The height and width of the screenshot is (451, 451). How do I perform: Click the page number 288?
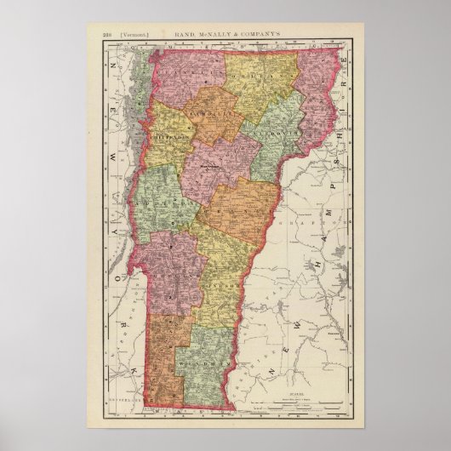pyautogui.click(x=106, y=35)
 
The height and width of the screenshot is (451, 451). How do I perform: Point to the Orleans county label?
pyautogui.click(x=260, y=81)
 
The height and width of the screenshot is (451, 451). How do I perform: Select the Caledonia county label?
pyautogui.click(x=277, y=135)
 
